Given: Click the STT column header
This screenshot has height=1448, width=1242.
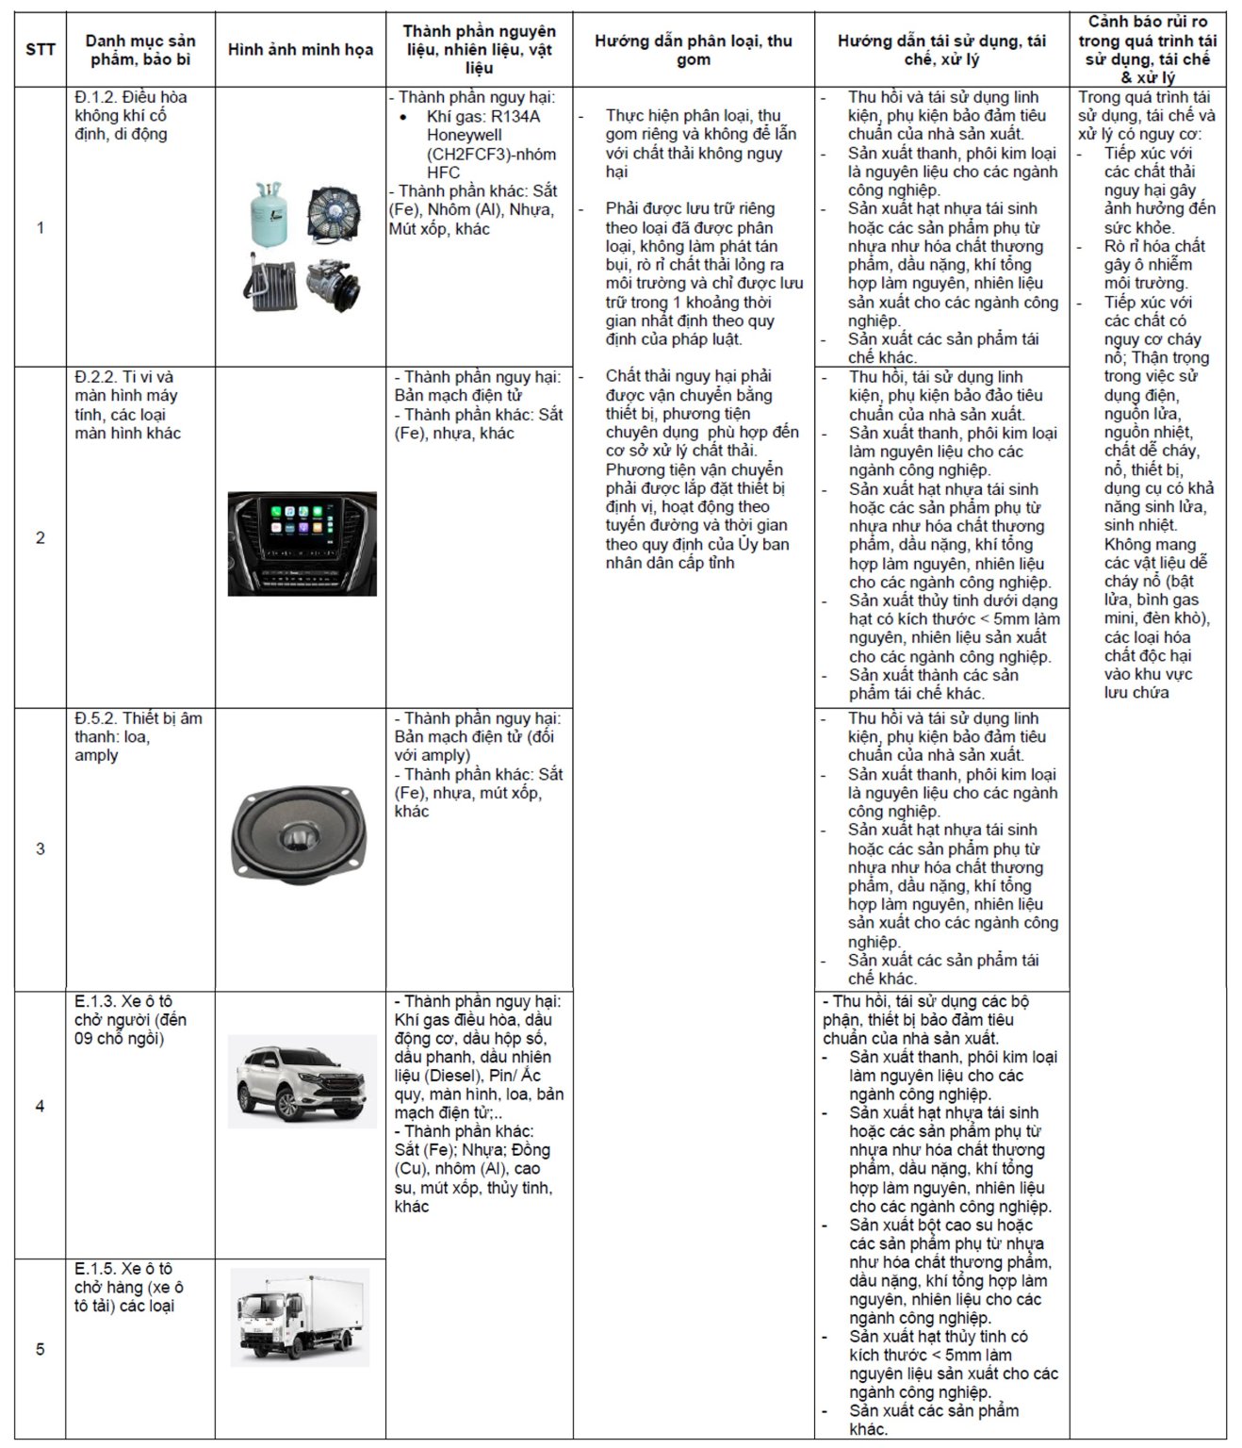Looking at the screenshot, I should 40,50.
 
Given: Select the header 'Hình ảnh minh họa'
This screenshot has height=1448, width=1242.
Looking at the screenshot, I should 300,50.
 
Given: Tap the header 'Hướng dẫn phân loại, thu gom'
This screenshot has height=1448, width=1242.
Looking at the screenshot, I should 693,50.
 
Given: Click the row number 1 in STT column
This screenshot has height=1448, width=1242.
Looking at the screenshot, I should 40,227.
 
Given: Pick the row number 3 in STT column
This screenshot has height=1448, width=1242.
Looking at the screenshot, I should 40,848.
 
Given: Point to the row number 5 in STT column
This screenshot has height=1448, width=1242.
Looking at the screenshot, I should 40,1349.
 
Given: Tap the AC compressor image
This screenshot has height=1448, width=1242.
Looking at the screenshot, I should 335,284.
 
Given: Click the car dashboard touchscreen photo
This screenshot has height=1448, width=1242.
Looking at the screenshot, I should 302,543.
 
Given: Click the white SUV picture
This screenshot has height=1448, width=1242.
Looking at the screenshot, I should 302,1080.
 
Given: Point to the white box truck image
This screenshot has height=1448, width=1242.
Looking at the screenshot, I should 300,1317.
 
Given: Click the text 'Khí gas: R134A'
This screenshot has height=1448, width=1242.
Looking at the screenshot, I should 482,117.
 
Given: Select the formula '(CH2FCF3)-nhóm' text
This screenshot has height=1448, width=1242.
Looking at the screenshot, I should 491,154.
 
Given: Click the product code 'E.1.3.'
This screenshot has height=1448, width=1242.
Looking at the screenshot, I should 95,1001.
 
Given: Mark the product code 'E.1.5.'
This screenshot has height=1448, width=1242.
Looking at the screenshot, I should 95,1269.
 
